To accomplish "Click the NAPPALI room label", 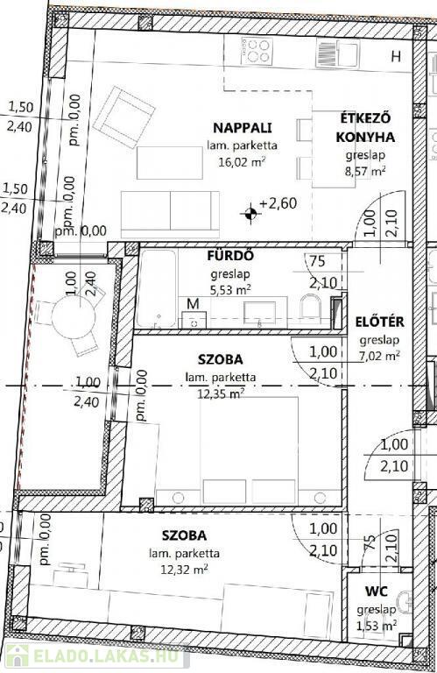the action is pyautogui.click(x=243, y=128).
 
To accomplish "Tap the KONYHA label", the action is pyautogui.click(x=365, y=137).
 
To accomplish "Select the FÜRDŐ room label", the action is pyautogui.click(x=230, y=256).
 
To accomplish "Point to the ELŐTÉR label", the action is pyautogui.click(x=379, y=322).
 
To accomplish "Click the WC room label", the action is pyautogui.click(x=377, y=592).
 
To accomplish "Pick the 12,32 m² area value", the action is pyautogui.click(x=185, y=570).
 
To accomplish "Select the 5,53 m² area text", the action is pyautogui.click(x=230, y=290).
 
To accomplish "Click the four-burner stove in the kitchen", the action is pyautogui.click(x=257, y=51).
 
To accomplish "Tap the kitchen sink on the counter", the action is pyautogui.click(x=337, y=53).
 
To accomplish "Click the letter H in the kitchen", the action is pyautogui.click(x=396, y=56).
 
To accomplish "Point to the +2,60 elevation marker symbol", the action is pyautogui.click(x=250, y=212).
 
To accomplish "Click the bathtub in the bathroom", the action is pyautogui.click(x=157, y=289).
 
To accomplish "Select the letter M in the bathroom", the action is pyautogui.click(x=194, y=304).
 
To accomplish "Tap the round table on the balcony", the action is pyautogui.click(x=73, y=316).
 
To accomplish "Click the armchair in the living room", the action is pyautogui.click(x=124, y=117).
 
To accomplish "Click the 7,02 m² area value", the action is pyautogui.click(x=380, y=356).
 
